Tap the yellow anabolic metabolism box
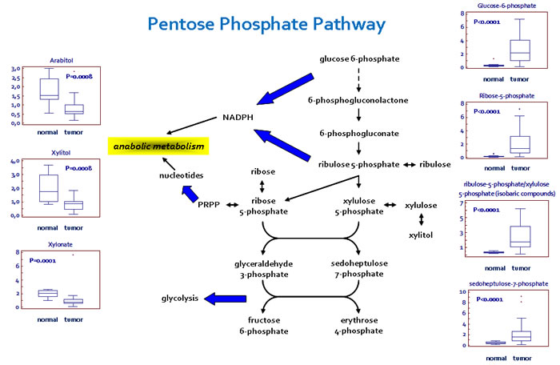pos(158,147)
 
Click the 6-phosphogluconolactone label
pos(358,101)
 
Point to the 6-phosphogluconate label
pos(358,134)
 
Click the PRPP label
pos(209,205)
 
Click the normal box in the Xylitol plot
pos(49,185)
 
